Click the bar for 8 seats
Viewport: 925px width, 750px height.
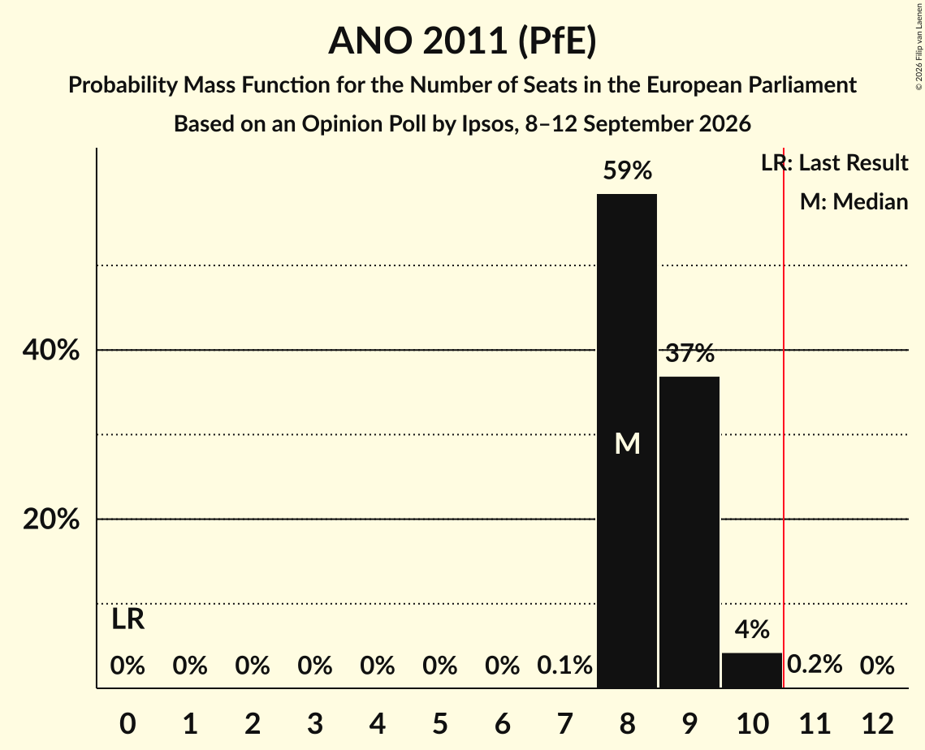(x=626, y=441)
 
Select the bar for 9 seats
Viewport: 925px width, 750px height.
(x=689, y=532)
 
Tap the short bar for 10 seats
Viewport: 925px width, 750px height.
(x=751, y=670)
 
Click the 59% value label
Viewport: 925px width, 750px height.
(x=627, y=171)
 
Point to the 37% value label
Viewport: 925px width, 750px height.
(x=689, y=353)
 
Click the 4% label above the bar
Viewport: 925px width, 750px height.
(x=752, y=630)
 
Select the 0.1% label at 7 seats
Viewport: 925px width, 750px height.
(x=564, y=666)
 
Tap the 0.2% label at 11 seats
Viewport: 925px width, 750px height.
(x=815, y=665)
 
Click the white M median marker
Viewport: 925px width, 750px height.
(x=627, y=443)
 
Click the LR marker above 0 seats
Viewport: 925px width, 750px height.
(x=128, y=619)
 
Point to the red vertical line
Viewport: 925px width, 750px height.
(x=784, y=417)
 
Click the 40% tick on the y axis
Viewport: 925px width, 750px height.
(x=50, y=350)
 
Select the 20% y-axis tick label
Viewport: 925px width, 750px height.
(x=50, y=519)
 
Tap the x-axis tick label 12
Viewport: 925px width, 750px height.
(x=877, y=723)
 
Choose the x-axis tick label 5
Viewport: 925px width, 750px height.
(x=440, y=723)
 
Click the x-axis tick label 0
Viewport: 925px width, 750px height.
(x=128, y=723)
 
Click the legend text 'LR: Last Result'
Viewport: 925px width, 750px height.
(x=834, y=162)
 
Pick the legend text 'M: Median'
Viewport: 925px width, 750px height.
(x=854, y=201)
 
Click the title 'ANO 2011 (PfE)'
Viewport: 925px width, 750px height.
(x=463, y=41)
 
